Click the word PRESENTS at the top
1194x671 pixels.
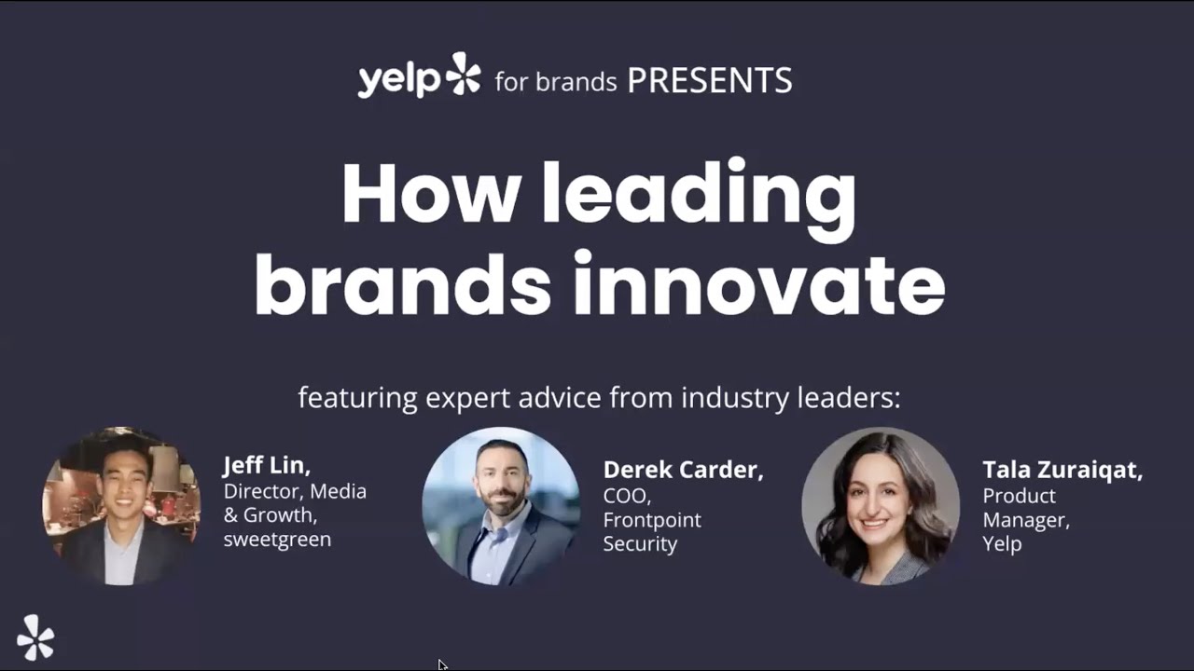709,81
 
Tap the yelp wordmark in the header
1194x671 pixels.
398,80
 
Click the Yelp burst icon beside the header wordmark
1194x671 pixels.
464,75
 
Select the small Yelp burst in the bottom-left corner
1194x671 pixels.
35,637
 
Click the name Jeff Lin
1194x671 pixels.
266,464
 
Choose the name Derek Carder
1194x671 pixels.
683,470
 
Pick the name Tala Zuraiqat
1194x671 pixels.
1062,470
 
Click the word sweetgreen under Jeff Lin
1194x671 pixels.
277,540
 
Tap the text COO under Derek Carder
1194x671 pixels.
626,496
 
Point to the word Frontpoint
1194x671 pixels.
652,520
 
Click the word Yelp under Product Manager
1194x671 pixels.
1002,543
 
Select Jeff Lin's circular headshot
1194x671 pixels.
121,506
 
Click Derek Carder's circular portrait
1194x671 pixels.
501,506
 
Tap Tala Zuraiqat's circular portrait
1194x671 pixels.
881,506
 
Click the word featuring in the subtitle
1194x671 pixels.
357,398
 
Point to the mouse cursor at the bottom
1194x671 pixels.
441,663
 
